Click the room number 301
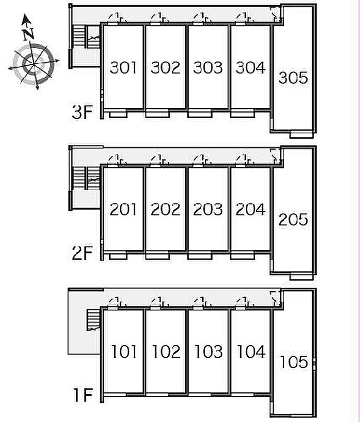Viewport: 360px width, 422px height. [123, 67]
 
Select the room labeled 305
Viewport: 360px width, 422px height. [293, 78]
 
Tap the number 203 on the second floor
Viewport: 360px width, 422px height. [208, 209]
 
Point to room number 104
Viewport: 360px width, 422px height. [251, 352]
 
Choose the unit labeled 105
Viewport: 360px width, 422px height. [294, 362]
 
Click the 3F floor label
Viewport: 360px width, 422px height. [82, 112]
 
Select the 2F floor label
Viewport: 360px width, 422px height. [82, 253]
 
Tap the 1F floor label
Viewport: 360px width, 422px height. [83, 395]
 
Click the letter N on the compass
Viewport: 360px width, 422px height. [28, 34]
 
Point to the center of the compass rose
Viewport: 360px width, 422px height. [33, 64]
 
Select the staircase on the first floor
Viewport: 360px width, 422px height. [93, 320]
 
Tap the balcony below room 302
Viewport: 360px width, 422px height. [157, 114]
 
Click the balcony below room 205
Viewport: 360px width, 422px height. [301, 277]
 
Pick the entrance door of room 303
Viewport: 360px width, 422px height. [198, 24]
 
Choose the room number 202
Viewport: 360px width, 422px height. [165, 209]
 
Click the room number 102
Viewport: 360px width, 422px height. [166, 352]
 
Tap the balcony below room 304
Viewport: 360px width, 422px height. [243, 114]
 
